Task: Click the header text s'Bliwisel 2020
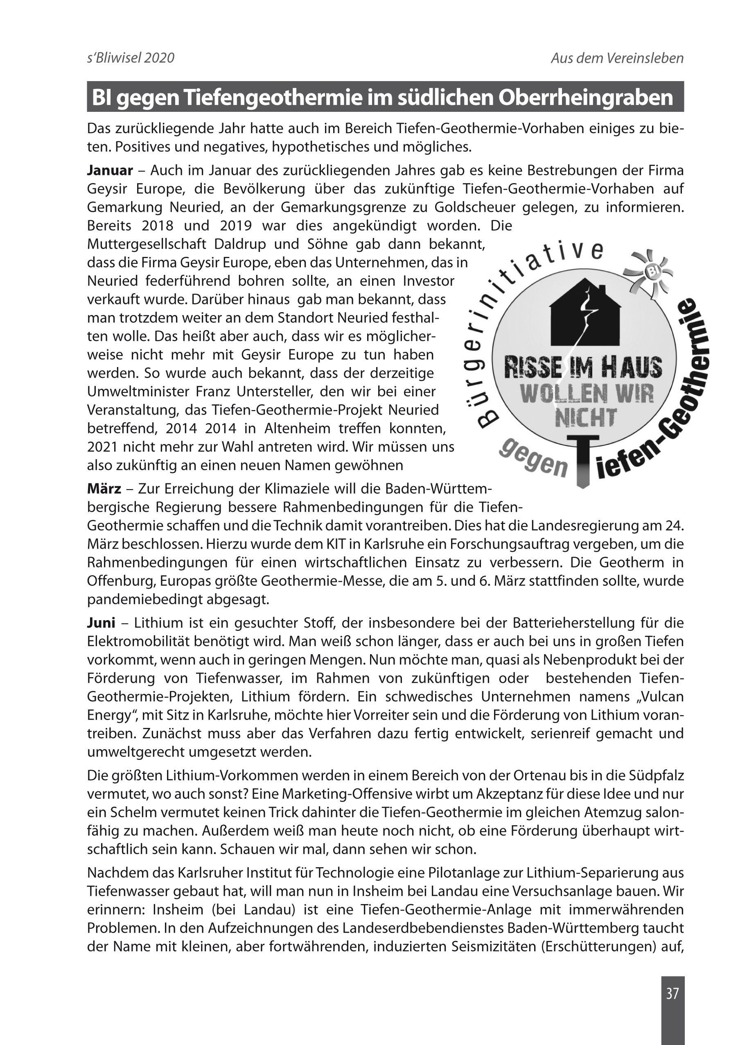point(131,58)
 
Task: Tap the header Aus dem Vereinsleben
point(617,58)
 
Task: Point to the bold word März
point(104,488)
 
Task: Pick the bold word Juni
point(101,623)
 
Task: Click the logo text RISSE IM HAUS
point(583,368)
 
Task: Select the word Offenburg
point(121,581)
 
